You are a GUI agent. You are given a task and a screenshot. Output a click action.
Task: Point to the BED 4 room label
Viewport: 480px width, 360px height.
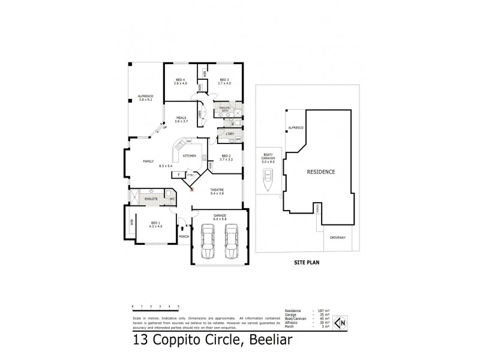coord(181,80)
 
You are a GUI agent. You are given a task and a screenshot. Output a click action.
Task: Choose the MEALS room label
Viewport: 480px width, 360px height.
coord(181,118)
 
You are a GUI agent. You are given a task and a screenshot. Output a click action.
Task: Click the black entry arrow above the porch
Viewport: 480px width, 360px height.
coord(182,229)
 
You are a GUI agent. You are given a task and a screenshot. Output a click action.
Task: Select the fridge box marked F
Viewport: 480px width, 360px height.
coord(178,175)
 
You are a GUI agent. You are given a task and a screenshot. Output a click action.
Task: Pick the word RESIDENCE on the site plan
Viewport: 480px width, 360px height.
coord(321,172)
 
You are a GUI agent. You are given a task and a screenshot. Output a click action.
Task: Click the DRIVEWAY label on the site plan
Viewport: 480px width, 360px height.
coord(338,238)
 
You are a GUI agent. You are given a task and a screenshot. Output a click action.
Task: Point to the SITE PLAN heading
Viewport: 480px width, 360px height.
coord(305,263)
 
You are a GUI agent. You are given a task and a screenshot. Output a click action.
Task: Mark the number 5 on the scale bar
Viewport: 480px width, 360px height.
coord(178,306)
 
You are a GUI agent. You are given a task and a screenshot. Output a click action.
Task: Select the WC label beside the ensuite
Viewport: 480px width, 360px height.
coord(172,198)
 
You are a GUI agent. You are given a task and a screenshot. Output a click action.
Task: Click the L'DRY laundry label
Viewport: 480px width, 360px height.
coord(229,134)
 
